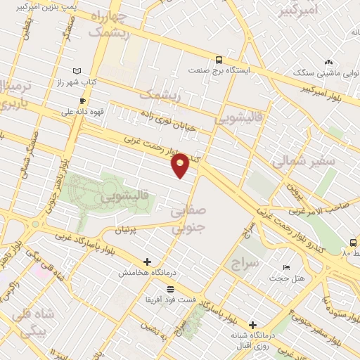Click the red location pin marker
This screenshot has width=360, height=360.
181,165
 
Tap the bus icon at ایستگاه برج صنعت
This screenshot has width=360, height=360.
219,60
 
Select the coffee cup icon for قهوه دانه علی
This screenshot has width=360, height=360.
82,101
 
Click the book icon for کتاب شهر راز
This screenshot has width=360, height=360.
77,71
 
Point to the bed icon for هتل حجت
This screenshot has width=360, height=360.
286,268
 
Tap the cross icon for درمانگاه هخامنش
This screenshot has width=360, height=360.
147,262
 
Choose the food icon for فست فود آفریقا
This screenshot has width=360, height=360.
169,289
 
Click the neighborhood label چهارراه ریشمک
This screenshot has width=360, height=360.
109,24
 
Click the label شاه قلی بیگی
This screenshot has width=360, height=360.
30,321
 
